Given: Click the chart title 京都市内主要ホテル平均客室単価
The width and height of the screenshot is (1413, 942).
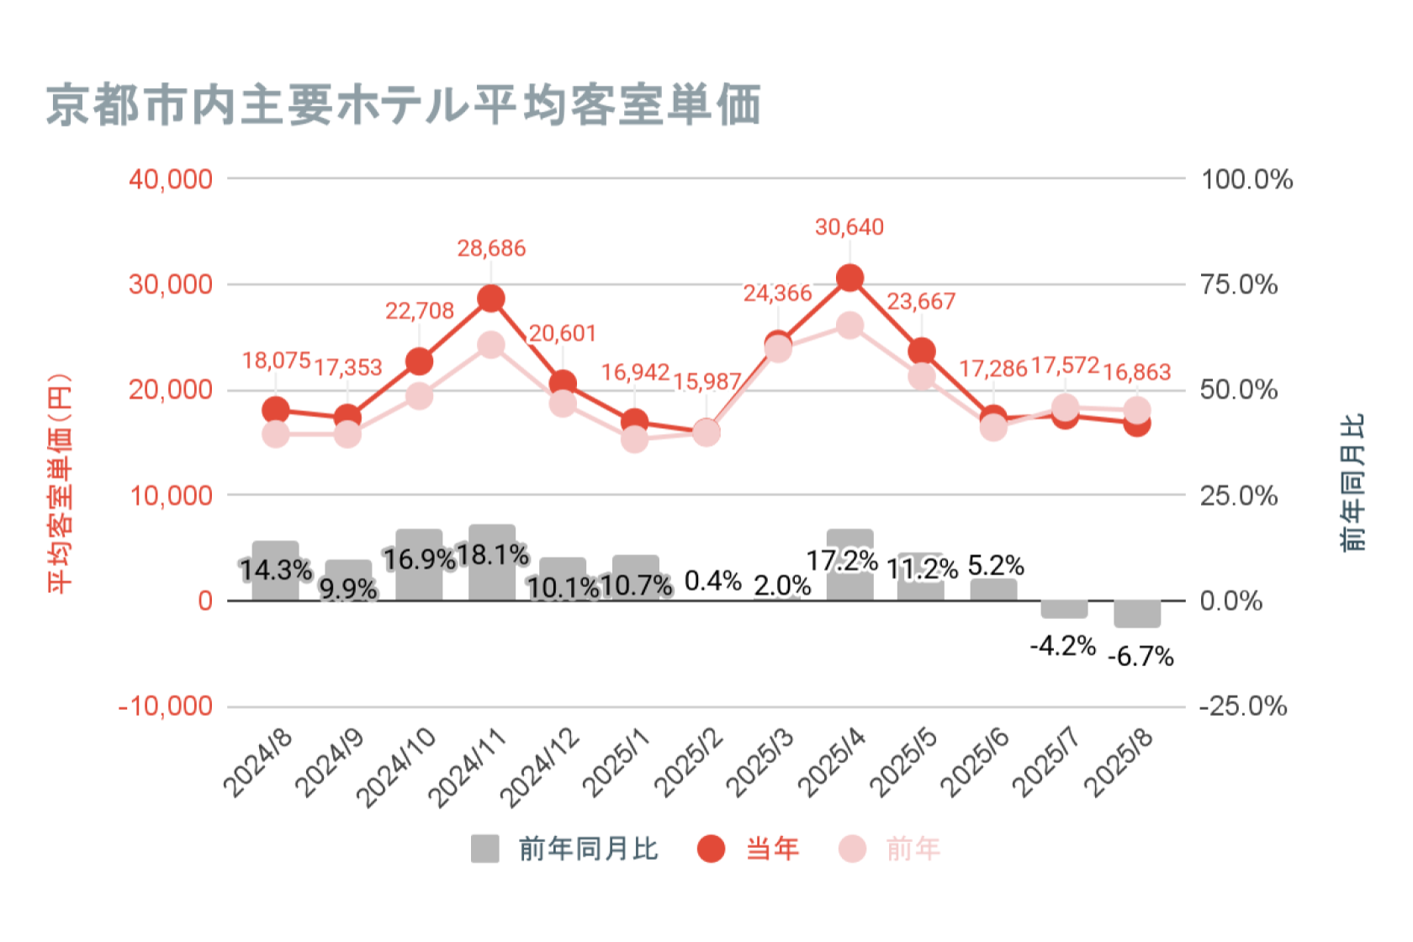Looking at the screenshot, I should [404, 105].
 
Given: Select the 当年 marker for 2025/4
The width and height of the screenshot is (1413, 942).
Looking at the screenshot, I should [849, 278].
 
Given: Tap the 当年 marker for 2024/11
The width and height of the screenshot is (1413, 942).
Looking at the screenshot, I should [491, 299].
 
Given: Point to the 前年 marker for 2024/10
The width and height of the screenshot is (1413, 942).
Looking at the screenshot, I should [419, 396].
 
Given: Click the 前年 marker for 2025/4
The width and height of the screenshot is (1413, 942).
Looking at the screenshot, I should [849, 325].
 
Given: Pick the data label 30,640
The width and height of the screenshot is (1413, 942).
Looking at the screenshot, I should [849, 227].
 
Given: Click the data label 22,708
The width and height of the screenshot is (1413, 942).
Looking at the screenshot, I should [419, 311].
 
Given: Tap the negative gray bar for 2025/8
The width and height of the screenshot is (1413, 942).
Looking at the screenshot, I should [1137, 614].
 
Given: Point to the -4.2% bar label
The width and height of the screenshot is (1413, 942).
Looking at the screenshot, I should [1063, 646].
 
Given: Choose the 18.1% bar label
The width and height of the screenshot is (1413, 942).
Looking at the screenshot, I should [492, 555].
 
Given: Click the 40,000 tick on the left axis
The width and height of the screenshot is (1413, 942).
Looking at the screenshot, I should [171, 179].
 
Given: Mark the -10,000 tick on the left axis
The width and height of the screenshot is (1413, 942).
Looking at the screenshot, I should [166, 706].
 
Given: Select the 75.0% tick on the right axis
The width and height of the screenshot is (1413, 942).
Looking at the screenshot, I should [1239, 284].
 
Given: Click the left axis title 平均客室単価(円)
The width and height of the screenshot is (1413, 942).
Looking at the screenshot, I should [60, 483].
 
